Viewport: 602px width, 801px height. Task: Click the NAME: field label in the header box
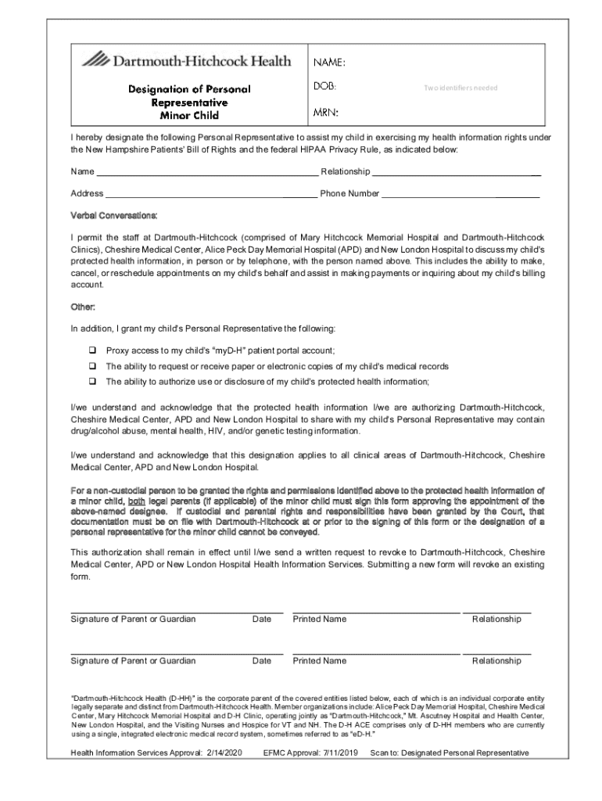pos(330,62)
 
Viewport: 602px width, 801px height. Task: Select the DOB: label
pos(325,87)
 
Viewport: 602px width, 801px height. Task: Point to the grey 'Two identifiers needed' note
pos(460,88)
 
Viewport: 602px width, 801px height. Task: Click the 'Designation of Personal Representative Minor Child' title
pos(189,102)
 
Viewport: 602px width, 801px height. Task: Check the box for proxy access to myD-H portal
pos(91,351)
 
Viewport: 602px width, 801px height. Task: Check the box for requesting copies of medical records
pos(91,366)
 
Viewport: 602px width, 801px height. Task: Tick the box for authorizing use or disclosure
pos(91,382)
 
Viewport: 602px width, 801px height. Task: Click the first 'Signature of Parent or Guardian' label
pos(133,619)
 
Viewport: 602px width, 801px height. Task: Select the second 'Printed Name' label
pos(319,661)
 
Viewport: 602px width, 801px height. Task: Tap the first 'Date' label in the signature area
pos(262,619)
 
